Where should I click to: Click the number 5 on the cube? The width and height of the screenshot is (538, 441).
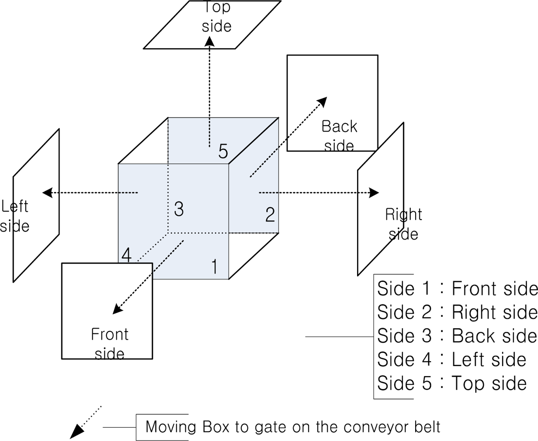(x=223, y=151)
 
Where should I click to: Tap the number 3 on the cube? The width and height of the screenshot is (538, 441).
(x=179, y=209)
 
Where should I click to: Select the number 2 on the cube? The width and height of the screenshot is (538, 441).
(x=270, y=214)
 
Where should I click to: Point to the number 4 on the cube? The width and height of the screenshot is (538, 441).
(x=126, y=255)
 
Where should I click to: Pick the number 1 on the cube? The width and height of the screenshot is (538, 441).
(x=214, y=266)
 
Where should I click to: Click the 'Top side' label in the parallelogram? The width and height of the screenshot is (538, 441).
(x=217, y=17)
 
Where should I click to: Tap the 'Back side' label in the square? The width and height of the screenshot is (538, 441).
(x=339, y=136)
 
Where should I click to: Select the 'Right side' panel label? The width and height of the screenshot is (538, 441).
(x=404, y=224)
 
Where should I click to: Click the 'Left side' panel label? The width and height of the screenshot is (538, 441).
(x=15, y=216)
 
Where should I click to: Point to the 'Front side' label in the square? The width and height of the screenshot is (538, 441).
(x=110, y=344)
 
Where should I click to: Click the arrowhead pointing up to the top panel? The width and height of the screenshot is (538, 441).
(x=210, y=41)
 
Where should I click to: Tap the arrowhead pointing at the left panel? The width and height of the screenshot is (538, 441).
(x=48, y=193)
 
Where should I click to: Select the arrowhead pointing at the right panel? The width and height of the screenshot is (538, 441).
(x=374, y=193)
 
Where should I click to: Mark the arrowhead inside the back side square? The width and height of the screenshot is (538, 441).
(x=322, y=102)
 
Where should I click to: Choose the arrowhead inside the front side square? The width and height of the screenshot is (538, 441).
(x=118, y=309)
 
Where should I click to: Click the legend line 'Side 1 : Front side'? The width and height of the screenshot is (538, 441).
(x=457, y=288)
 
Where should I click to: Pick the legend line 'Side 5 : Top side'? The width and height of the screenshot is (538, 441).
(x=452, y=383)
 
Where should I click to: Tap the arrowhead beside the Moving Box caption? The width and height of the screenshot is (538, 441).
(x=77, y=432)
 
